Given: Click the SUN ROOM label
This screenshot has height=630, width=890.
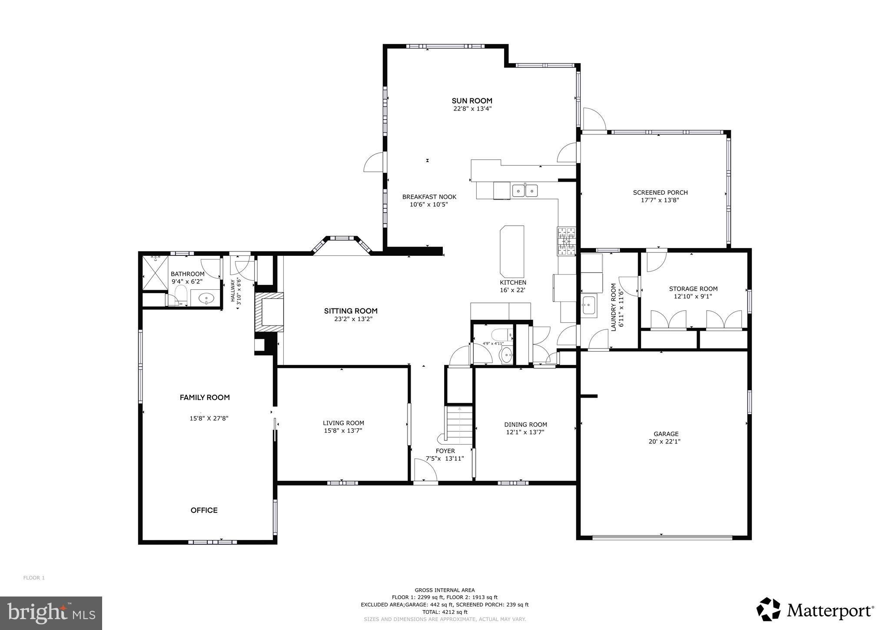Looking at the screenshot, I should pyautogui.click(x=472, y=101).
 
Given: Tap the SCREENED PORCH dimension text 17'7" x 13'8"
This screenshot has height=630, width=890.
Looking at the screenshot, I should pyautogui.click(x=660, y=201).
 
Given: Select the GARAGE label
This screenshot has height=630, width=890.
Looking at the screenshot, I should pyautogui.click(x=666, y=434).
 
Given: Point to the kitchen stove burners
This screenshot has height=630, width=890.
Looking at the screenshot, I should pyautogui.click(x=567, y=241).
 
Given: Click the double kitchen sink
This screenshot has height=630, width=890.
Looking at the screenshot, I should pyautogui.click(x=525, y=191).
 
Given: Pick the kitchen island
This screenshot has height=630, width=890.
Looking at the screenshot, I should pyautogui.click(x=512, y=251).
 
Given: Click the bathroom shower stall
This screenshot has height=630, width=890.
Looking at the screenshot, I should pyautogui.click(x=155, y=273).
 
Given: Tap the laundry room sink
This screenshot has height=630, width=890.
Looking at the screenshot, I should pyautogui.click(x=588, y=305).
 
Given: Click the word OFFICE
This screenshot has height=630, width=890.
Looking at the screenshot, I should pyautogui.click(x=204, y=510).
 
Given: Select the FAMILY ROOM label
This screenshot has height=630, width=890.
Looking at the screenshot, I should pyautogui.click(x=205, y=397).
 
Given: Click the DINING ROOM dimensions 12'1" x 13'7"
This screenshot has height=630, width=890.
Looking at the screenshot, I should pyautogui.click(x=525, y=432).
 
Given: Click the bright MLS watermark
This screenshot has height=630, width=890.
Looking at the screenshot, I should pyautogui.click(x=51, y=613).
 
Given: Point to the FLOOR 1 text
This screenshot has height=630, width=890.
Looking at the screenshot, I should pyautogui.click(x=34, y=578).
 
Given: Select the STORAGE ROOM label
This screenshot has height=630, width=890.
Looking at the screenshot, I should pyautogui.click(x=693, y=289).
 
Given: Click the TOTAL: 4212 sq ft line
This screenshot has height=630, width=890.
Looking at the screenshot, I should pyautogui.click(x=445, y=612).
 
